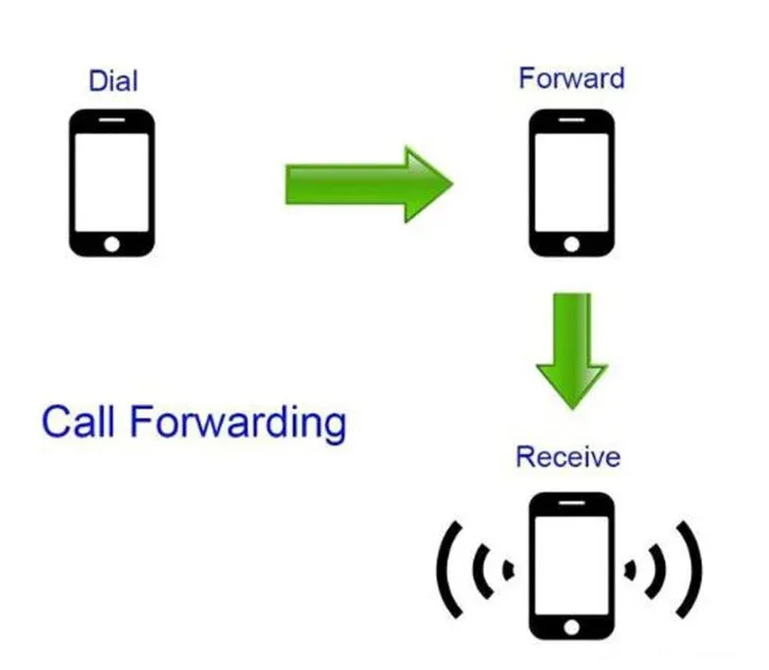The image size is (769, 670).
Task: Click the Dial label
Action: (113, 80)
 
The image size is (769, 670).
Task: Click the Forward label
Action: (571, 78)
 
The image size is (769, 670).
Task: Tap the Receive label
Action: (568, 456)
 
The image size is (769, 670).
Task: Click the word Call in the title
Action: (79, 421)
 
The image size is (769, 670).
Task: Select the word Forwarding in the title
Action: (237, 424)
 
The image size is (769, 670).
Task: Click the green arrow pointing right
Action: (369, 185)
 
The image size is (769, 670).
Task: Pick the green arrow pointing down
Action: (572, 350)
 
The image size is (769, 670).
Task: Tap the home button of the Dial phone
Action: (112, 244)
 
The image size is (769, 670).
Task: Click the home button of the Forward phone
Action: (571, 244)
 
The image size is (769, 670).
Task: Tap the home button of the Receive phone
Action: (571, 626)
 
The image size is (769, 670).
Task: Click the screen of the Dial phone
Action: (112, 182)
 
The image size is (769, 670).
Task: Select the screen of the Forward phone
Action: (571, 182)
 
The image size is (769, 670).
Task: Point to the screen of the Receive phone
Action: (571, 565)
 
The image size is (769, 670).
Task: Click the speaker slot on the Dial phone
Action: (112, 120)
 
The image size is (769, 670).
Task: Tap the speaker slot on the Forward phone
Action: (571, 120)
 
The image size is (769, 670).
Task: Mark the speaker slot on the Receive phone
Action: (571, 502)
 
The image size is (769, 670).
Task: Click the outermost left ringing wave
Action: (442, 570)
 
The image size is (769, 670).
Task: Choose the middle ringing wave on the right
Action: (661, 571)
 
